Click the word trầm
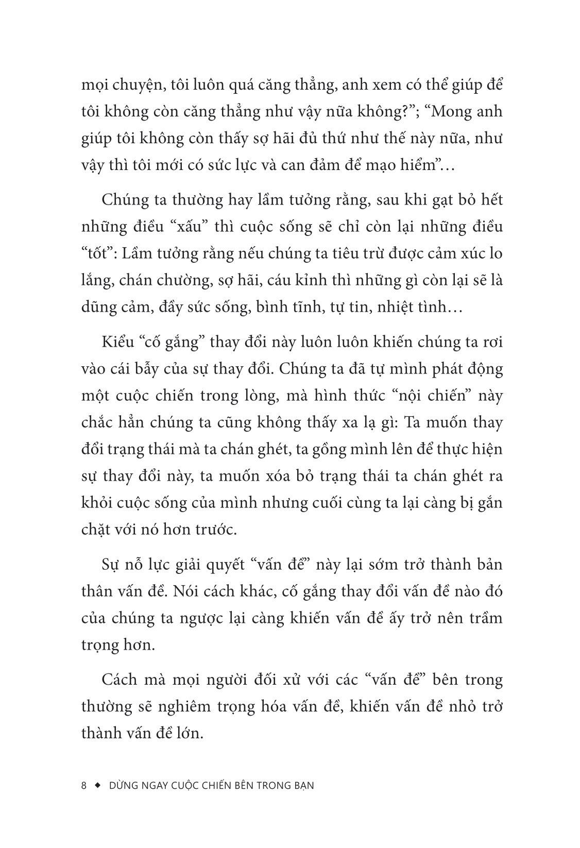483,617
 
